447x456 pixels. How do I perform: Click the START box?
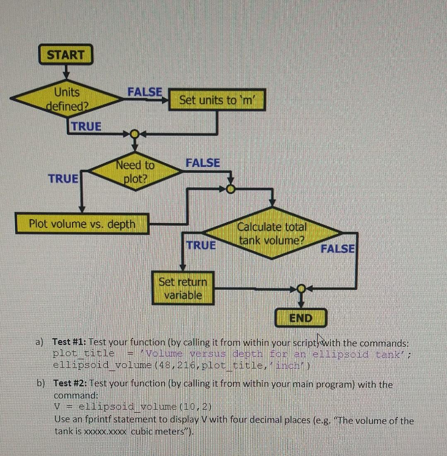65,55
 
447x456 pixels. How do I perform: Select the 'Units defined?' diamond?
66,99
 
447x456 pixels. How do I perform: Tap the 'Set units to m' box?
216,100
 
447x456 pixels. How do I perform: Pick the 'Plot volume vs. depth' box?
82,224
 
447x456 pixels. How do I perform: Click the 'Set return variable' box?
183,288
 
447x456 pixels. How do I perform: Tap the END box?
301,318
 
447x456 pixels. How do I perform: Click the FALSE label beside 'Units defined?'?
144,92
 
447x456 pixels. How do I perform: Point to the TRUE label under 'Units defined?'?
86,126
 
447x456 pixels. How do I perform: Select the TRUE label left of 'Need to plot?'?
63,179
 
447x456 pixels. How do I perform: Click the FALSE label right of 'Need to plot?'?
203,163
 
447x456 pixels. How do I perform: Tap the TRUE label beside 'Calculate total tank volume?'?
201,245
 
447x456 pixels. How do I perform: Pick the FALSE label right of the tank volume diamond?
337,249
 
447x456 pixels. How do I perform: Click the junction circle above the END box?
302,288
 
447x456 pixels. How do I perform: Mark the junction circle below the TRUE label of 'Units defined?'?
134,134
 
